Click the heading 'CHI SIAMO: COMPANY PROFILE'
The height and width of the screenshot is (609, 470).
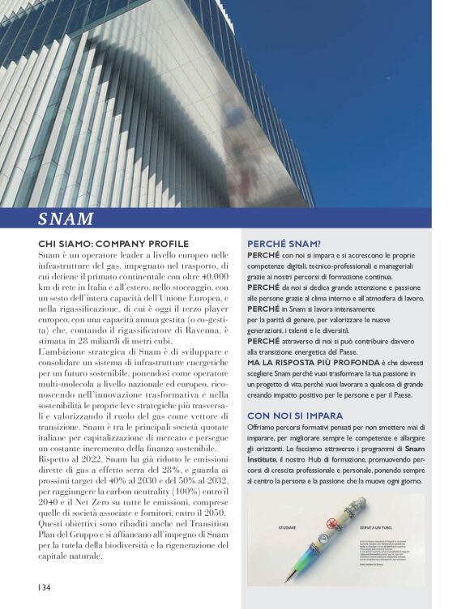[113, 244]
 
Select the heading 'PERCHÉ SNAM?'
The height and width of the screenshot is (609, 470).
[284, 242]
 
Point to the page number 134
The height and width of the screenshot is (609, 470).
[43, 586]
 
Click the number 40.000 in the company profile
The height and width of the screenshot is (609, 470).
[211, 277]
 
